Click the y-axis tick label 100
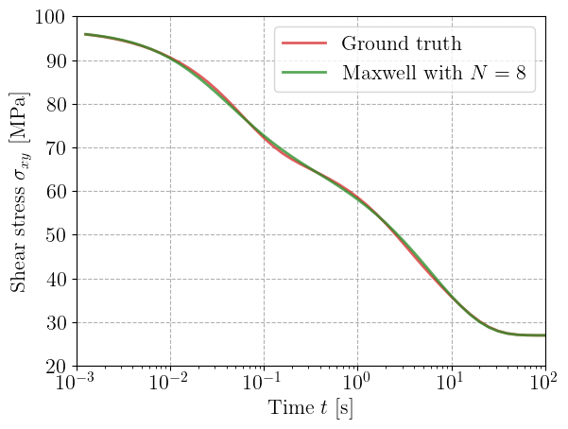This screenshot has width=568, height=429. click(48, 18)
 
